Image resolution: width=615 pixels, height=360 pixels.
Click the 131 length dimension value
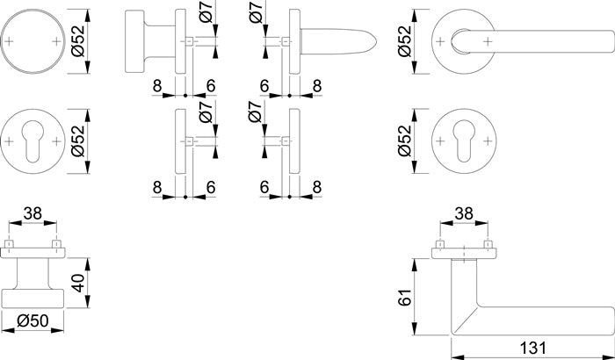pyautogui.click(x=530, y=349)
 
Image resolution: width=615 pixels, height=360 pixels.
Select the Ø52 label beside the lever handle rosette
pyautogui.click(x=406, y=40)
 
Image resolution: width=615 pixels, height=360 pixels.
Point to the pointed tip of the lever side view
pyautogui.click(x=377, y=41)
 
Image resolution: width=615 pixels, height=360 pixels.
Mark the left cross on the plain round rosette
pyautogui.click(x=11, y=41)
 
